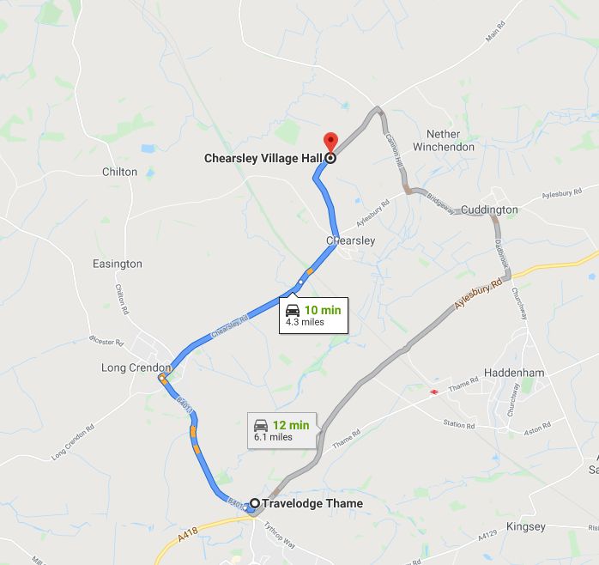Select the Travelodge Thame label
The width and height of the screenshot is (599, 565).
coord(312,503)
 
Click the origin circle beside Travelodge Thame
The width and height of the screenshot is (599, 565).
coord(255,503)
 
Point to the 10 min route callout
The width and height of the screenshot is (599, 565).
coord(315,314)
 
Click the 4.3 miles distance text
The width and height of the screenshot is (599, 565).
coord(305,323)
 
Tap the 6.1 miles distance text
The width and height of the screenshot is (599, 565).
coord(273,437)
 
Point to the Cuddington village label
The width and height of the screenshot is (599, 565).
coord(489,210)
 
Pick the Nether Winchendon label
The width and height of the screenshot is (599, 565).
coord(443,140)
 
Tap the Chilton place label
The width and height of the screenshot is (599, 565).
coord(119,172)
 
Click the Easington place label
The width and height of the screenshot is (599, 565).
coord(118,264)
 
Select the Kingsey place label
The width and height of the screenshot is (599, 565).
coord(526,526)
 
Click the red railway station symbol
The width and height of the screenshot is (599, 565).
coord(435,392)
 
